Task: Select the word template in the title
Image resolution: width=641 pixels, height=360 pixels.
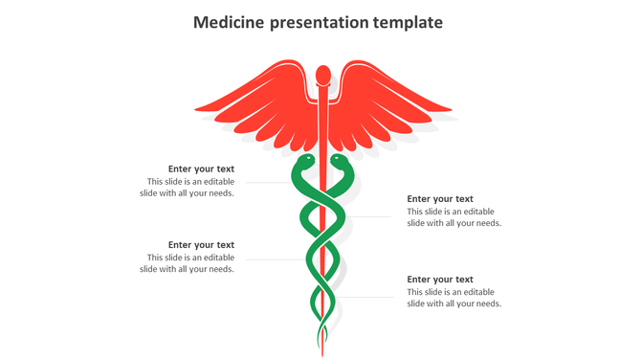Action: tap(409, 22)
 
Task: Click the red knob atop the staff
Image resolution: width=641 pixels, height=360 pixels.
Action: tap(323, 74)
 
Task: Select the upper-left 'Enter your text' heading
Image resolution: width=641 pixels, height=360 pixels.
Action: tap(201, 169)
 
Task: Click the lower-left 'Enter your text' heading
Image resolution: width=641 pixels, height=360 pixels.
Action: tap(201, 245)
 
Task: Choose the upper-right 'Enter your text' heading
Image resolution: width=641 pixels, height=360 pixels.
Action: tap(440, 199)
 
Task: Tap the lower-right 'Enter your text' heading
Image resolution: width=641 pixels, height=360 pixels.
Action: tap(440, 280)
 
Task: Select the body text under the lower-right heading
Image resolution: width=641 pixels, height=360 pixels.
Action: tap(453, 298)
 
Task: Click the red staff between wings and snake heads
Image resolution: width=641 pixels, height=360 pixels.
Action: tap(323, 134)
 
